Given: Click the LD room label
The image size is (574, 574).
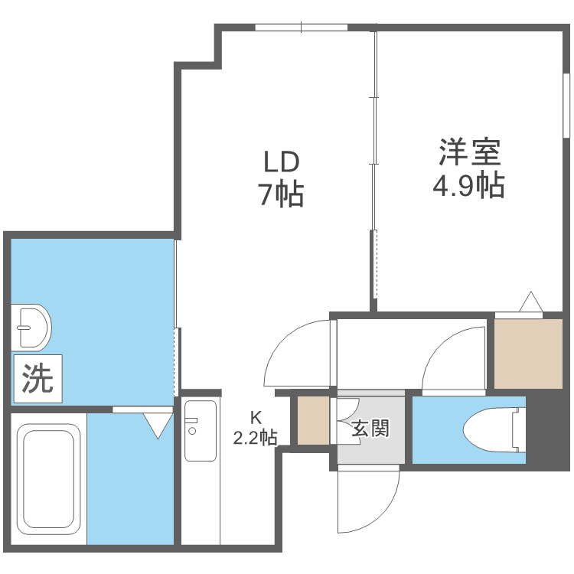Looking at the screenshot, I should click(281, 163).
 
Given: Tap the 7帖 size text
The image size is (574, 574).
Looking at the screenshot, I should click(281, 196).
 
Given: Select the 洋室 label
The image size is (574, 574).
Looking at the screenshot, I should click(469, 152).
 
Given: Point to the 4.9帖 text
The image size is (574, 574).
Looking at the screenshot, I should click(469, 186).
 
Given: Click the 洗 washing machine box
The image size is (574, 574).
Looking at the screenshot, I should click(38, 379).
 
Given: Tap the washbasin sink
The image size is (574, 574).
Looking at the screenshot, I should click(31, 327).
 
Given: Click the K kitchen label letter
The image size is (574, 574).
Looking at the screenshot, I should click(256, 418).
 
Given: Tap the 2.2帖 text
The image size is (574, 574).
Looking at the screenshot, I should click(256, 437).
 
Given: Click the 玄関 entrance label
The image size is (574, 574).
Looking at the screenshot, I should click(370, 428).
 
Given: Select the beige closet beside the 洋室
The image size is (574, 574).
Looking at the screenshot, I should click(528, 353).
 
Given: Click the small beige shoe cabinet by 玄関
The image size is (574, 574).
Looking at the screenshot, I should click(312, 419).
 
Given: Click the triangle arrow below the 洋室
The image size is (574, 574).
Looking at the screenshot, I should click(530, 302).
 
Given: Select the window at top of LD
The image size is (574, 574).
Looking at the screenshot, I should click(301, 28).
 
